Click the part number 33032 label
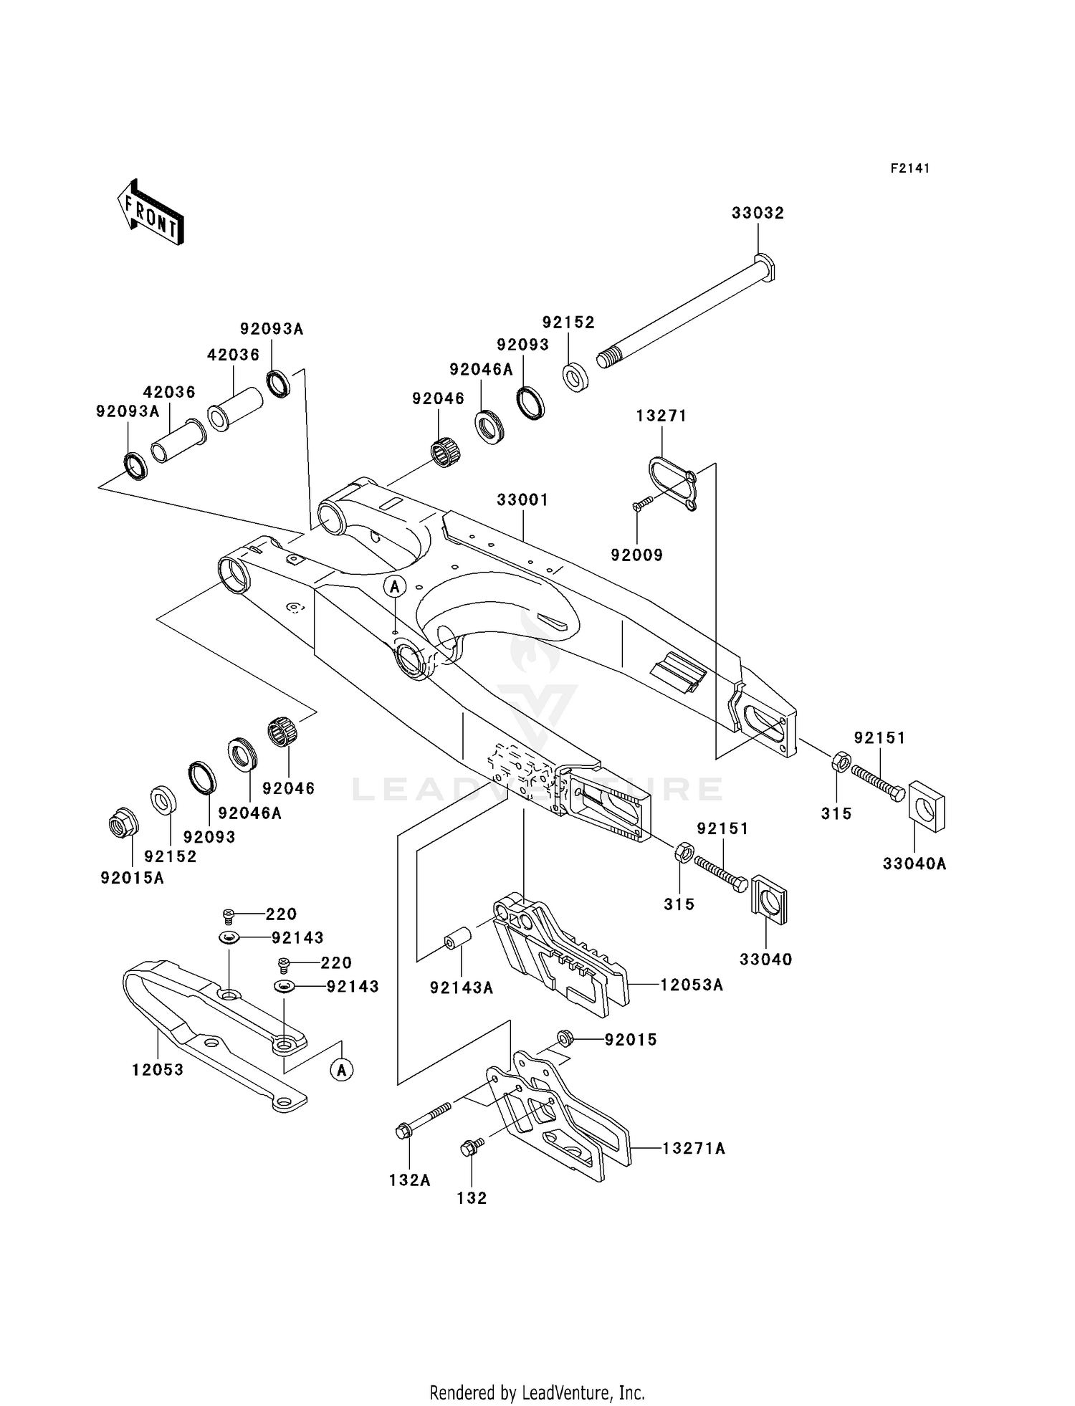pyautogui.click(x=758, y=213)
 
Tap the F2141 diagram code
pyautogui.click(x=910, y=168)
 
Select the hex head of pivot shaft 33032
pyautogui.click(x=765, y=267)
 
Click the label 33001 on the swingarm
pyautogui.click(x=523, y=499)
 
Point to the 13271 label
pyautogui.click(x=661, y=416)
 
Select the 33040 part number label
pyautogui.click(x=766, y=959)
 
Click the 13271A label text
pyautogui.click(x=694, y=1149)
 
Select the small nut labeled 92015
pyautogui.click(x=565, y=1038)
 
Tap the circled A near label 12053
pyautogui.click(x=342, y=1070)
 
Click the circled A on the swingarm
pyautogui.click(x=394, y=586)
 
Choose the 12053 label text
pyautogui.click(x=158, y=1069)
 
